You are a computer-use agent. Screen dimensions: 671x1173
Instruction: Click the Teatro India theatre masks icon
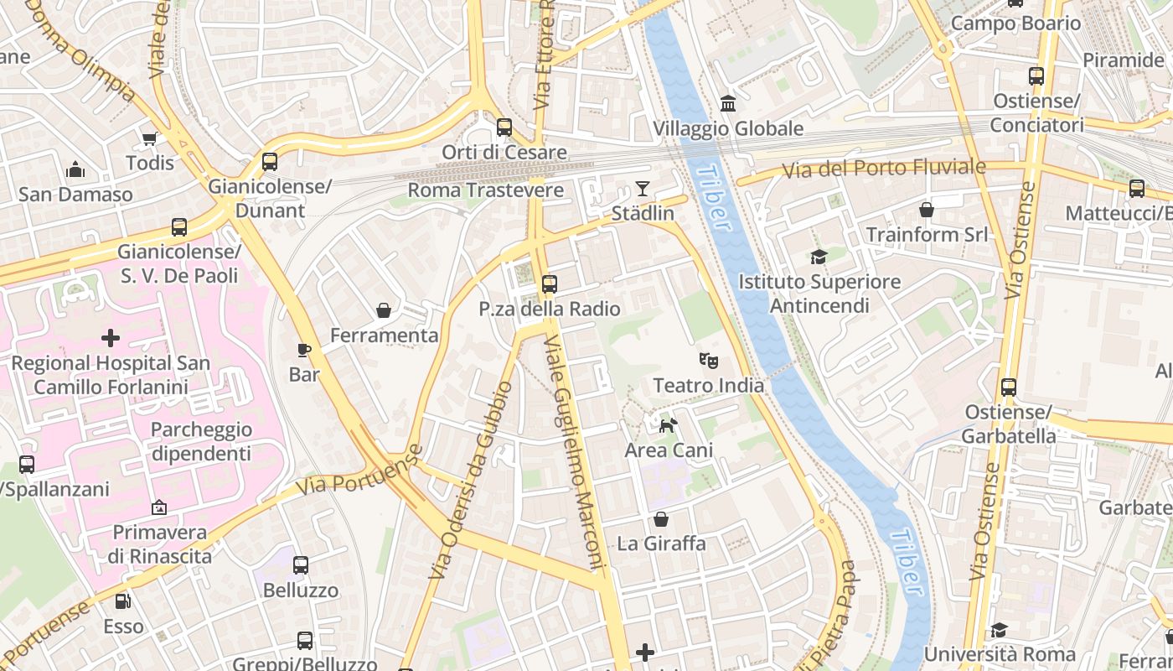tap(709, 362)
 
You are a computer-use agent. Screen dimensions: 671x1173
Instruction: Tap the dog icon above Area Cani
tap(668, 426)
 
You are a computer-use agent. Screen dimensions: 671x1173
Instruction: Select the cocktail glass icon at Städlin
tap(643, 189)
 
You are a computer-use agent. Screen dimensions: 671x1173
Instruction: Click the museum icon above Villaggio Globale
tap(728, 104)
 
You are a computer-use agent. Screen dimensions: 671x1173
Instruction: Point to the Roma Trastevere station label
tap(485, 190)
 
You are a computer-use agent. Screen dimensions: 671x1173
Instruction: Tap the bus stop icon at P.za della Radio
tap(550, 284)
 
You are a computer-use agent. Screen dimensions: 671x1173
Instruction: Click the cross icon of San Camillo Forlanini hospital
tap(110, 339)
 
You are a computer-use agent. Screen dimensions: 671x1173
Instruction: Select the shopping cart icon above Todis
tap(150, 138)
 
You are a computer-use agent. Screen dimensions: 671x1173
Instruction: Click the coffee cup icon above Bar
tap(304, 350)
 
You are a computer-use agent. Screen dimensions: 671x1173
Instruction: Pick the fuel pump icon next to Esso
tap(123, 601)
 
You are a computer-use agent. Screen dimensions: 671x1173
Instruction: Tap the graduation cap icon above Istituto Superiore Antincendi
tap(819, 257)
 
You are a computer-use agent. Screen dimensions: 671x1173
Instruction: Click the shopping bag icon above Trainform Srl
tap(927, 210)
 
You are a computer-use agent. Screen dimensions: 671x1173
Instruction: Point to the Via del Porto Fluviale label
tap(884, 169)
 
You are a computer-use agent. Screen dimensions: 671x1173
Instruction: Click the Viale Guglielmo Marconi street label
tap(574, 453)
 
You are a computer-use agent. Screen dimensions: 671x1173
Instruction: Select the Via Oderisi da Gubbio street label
tap(470, 481)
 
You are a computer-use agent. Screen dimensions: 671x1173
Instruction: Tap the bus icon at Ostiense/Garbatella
tap(1009, 388)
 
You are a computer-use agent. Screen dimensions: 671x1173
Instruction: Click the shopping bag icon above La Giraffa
tap(661, 519)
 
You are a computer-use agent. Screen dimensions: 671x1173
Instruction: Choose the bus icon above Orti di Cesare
tap(504, 127)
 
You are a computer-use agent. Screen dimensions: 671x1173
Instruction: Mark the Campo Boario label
tap(1015, 23)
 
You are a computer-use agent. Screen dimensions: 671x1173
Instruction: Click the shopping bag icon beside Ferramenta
tap(384, 311)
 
